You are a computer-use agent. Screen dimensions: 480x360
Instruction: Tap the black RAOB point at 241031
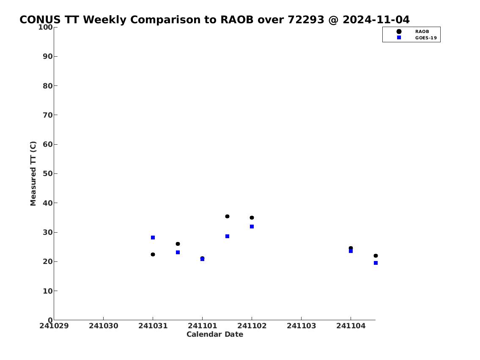click(153, 254)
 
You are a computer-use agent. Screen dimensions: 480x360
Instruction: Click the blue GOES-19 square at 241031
click(153, 238)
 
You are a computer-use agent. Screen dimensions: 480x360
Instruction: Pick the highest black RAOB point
click(227, 217)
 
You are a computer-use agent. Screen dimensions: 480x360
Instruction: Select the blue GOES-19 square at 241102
click(252, 226)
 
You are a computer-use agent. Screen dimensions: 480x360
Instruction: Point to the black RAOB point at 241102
click(252, 218)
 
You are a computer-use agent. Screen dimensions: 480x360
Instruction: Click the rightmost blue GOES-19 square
click(376, 263)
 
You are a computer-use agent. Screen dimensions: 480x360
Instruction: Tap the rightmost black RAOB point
click(376, 256)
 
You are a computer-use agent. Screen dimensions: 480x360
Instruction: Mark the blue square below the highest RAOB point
click(227, 236)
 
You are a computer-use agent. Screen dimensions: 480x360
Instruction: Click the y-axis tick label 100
click(45, 27)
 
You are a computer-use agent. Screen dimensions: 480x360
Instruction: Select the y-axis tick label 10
click(48, 291)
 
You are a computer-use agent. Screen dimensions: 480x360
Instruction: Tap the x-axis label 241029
click(54, 326)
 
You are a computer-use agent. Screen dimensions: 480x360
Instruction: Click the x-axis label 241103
click(301, 326)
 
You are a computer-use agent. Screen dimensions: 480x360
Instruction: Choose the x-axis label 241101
click(202, 326)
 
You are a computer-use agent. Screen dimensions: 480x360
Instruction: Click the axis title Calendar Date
click(215, 334)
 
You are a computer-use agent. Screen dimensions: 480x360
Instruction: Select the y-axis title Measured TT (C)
click(33, 173)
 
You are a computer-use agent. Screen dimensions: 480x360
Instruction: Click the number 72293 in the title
click(306, 20)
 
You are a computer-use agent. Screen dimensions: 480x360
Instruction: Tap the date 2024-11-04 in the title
click(376, 20)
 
